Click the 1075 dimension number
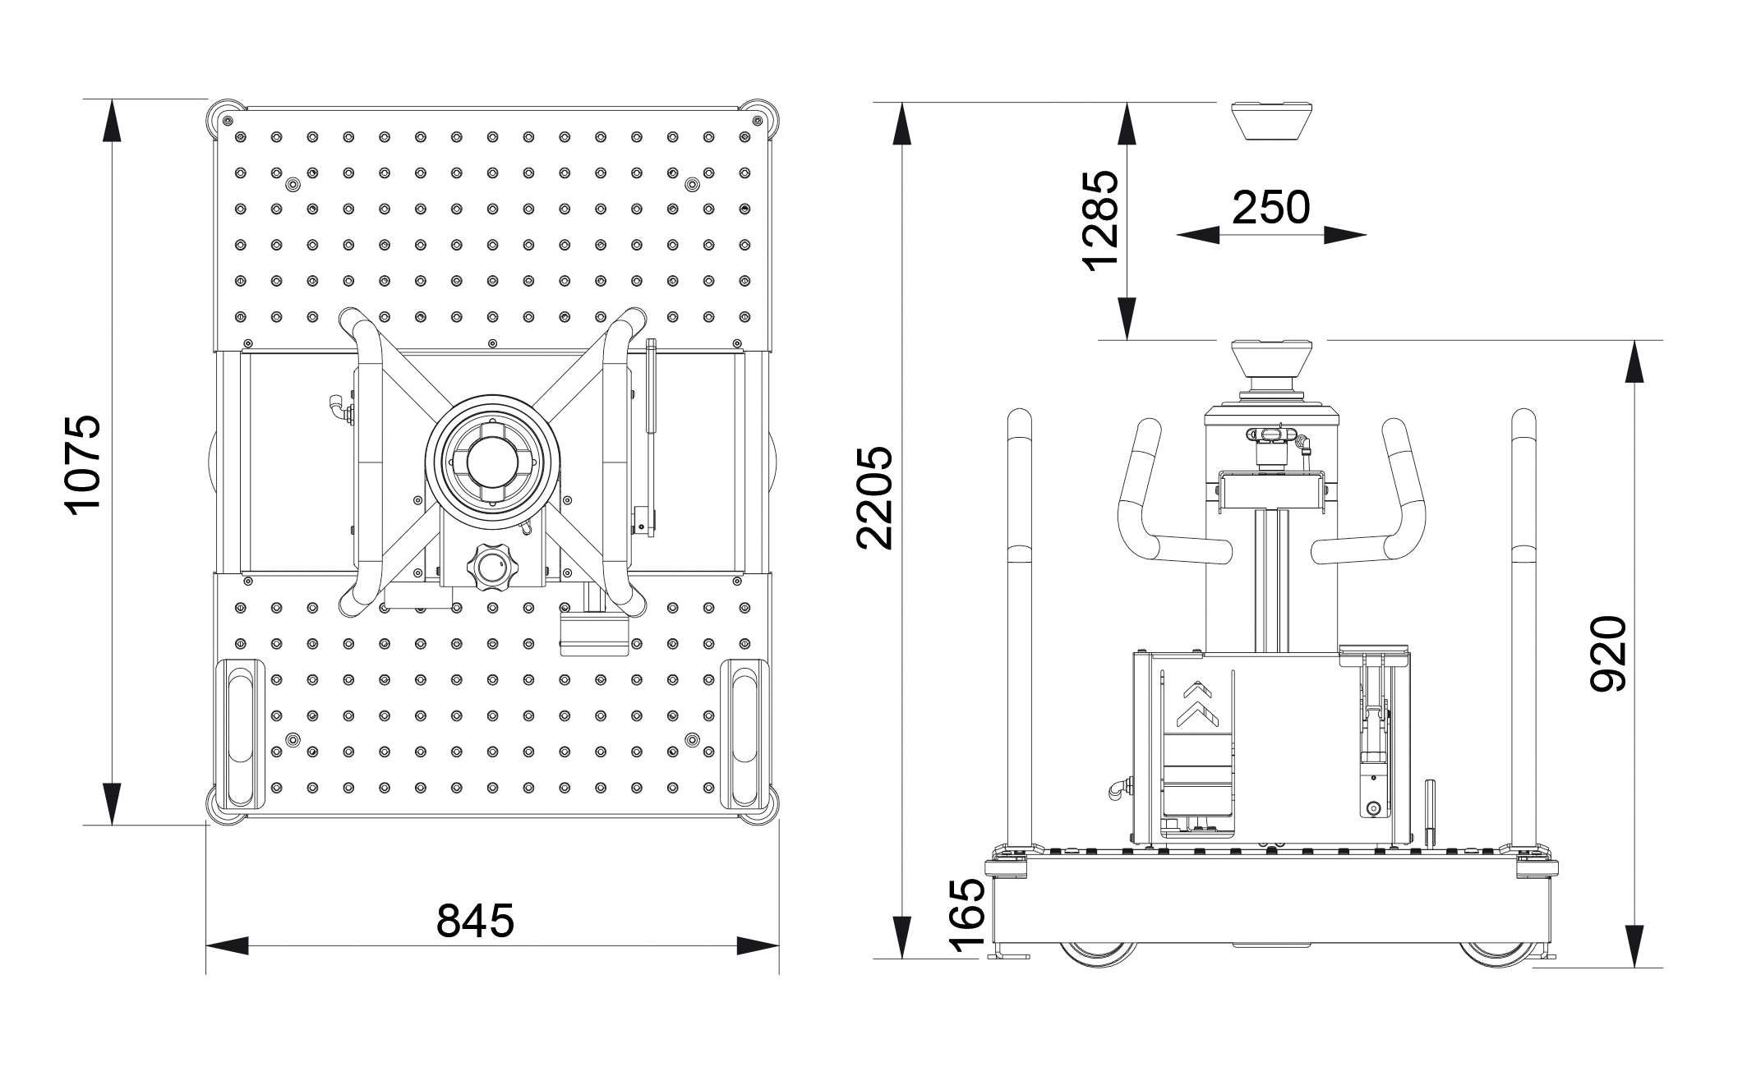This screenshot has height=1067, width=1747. point(84,463)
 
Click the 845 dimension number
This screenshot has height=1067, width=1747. point(475,920)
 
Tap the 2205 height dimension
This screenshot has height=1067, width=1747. point(874,498)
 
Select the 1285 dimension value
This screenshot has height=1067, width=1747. point(1101,220)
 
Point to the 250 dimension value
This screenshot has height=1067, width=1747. point(1270,208)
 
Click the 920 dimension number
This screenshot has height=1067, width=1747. point(1607,654)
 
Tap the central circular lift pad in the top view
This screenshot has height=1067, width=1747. point(491,462)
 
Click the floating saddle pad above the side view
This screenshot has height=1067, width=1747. point(1270,121)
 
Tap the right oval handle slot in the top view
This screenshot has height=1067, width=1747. point(744,734)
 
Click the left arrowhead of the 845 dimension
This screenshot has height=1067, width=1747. point(227,945)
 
